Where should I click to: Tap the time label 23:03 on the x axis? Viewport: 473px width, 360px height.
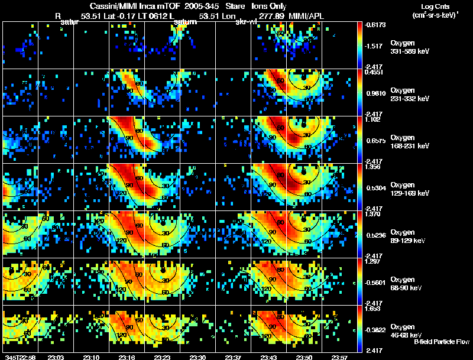pyautogui.click(x=56, y=357)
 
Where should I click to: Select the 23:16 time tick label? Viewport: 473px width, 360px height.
pyautogui.click(x=127, y=357)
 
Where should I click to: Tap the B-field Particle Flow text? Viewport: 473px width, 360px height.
pyautogui.click(x=442, y=342)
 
